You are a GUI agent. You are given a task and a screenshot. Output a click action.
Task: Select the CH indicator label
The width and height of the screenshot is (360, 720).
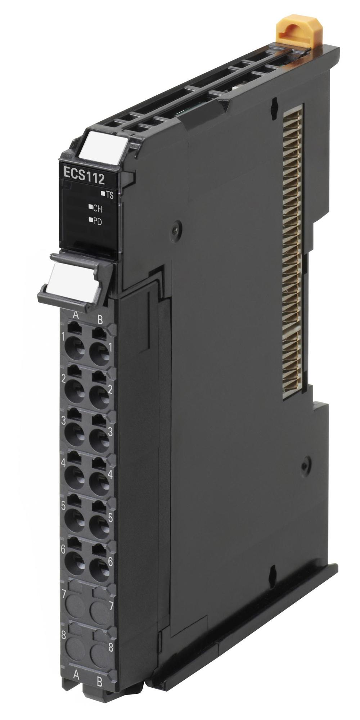click(95, 208)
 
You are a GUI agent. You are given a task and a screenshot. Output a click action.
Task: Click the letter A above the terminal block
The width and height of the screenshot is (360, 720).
click(76, 315)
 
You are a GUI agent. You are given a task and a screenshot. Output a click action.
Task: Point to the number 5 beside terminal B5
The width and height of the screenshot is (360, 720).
click(110, 518)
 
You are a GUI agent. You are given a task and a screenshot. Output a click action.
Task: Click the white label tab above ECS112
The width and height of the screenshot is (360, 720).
click(102, 146)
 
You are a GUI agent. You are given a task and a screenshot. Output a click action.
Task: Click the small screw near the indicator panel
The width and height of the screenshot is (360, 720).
click(176, 227)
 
